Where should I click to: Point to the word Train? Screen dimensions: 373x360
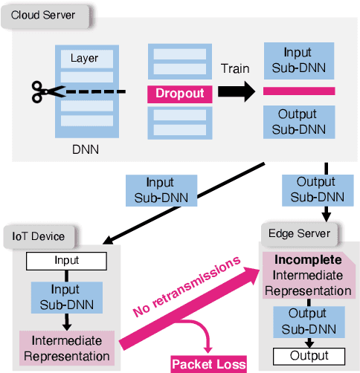tap(235, 68)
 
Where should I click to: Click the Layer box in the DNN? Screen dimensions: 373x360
tap(84, 58)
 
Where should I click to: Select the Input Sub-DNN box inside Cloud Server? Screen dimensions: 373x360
tap(299, 60)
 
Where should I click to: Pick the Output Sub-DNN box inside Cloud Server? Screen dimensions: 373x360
tap(299, 123)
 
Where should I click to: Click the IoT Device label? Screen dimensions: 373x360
tap(38, 236)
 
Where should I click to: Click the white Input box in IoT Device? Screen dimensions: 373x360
tap(66, 262)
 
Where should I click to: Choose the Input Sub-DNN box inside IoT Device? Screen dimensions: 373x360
tap(67, 296)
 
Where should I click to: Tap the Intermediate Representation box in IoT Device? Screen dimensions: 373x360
tap(67, 348)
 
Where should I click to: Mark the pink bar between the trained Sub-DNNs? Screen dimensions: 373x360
tap(299, 91)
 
